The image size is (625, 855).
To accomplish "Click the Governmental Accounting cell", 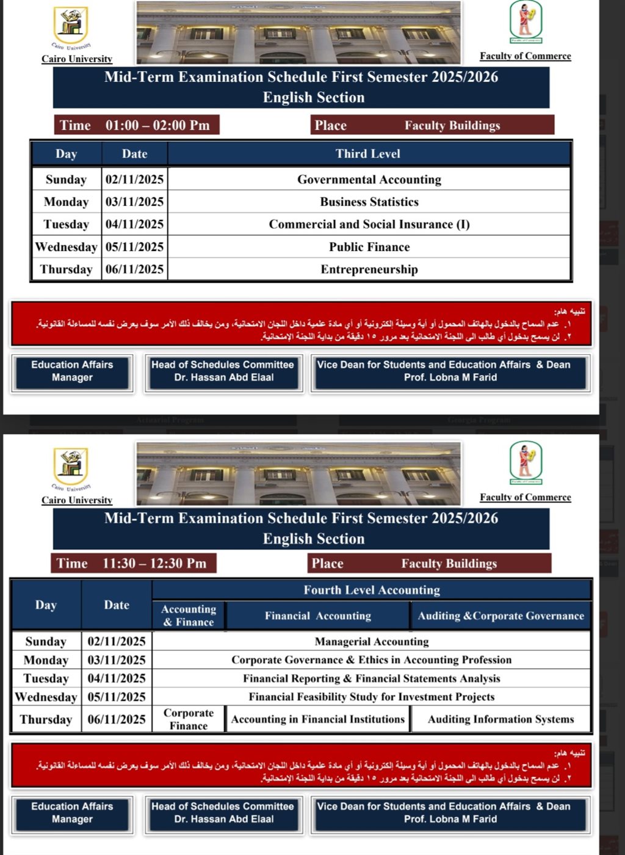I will tap(369, 180).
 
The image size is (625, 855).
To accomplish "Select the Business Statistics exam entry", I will tap(369, 202).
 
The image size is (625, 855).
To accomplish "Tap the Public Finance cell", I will tap(369, 247).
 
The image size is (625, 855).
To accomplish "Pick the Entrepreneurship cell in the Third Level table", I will tap(369, 269).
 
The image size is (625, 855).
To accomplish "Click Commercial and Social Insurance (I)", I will tap(369, 225).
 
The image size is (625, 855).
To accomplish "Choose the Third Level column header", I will tap(367, 154).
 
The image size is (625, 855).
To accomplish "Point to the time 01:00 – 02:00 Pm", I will tap(157, 125).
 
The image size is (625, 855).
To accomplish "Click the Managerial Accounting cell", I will tap(371, 642).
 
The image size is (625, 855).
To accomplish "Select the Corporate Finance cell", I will tap(188, 719).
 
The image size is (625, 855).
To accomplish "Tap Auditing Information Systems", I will tap(500, 719).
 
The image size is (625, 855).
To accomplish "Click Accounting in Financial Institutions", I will tap(317, 719).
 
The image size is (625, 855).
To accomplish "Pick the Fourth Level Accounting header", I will tap(371, 590).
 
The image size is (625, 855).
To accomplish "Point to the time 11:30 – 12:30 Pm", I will tap(154, 563).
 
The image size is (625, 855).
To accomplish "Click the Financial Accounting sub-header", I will tap(317, 616).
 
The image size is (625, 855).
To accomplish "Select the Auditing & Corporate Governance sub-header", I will tap(500, 616).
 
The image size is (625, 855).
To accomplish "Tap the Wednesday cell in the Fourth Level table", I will tap(46, 697).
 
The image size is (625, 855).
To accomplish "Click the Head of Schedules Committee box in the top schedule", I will tap(223, 371).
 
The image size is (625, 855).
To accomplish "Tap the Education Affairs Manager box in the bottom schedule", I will tap(72, 813).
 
